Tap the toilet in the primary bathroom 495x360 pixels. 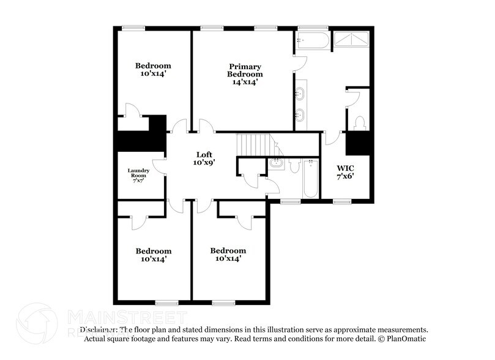(359, 122)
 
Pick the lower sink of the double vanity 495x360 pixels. (300, 114)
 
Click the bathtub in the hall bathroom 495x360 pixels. (311, 178)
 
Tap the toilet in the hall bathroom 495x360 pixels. (294, 165)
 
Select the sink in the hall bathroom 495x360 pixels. (276, 163)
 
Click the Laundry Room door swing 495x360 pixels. (158, 166)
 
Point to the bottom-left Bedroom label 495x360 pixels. (153, 251)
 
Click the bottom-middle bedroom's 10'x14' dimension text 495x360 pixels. (228, 259)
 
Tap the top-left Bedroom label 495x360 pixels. (153, 66)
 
